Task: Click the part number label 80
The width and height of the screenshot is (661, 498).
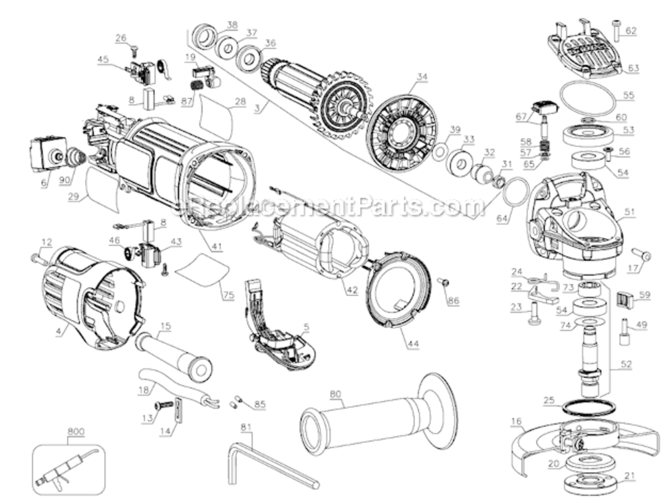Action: [x=334, y=393]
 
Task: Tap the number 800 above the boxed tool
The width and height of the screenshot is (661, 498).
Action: [x=76, y=432]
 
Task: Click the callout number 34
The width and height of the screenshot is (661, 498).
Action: [x=421, y=76]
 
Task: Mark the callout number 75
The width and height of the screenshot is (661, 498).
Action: [x=229, y=296]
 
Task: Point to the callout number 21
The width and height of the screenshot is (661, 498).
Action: [x=630, y=475]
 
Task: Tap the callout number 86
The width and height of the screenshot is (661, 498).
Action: [x=454, y=301]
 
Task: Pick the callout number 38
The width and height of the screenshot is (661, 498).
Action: [x=231, y=25]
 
